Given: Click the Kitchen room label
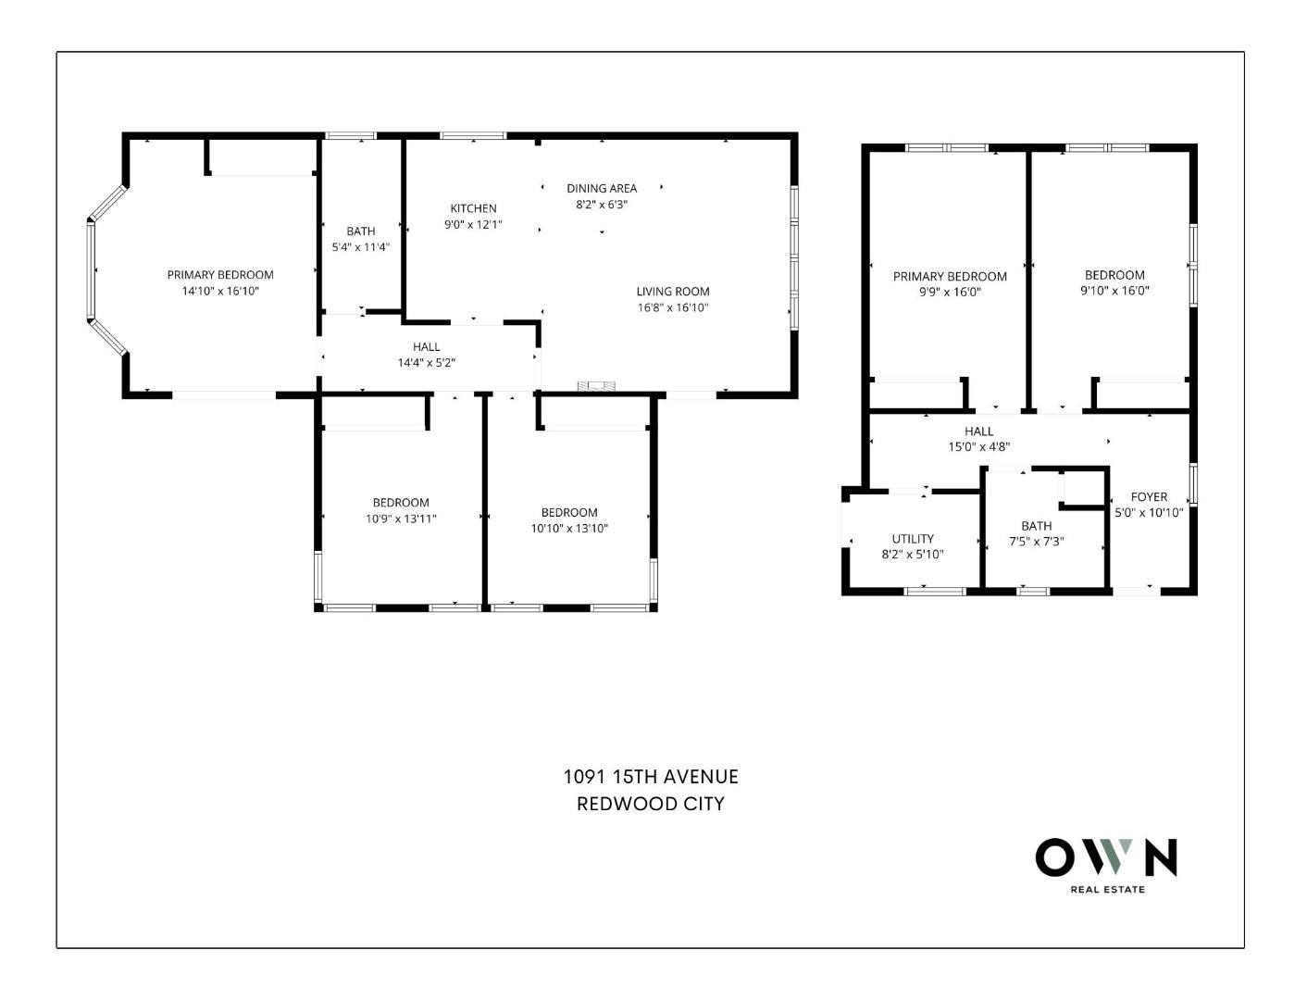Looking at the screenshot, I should pos(473,208).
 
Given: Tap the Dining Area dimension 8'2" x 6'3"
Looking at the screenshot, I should pos(602,205).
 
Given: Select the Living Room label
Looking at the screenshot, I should pos(672,291).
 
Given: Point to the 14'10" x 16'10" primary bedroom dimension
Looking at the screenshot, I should pos(220,291).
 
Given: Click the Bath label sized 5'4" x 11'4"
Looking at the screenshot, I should pos(361,231).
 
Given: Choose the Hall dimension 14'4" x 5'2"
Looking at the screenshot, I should pos(426,363).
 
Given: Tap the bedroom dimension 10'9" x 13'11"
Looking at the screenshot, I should pos(401,519).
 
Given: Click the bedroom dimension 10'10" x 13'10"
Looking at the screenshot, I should pos(569,529).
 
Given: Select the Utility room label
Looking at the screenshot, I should pos(913,539).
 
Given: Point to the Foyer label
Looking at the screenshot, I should pos(1149,496).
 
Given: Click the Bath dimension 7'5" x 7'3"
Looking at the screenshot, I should pos(1036,542).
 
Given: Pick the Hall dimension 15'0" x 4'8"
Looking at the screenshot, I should pos(978,446).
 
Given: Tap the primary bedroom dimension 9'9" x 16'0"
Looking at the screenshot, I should pos(950,292).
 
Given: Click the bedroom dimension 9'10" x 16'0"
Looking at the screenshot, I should pos(1114,291).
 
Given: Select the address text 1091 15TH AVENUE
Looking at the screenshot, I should pos(651,777).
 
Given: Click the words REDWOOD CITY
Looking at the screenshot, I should pos(651,804).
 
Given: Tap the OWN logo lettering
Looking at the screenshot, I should pos(1106,857).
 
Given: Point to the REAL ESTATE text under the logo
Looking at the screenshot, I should pos(1107,890).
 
